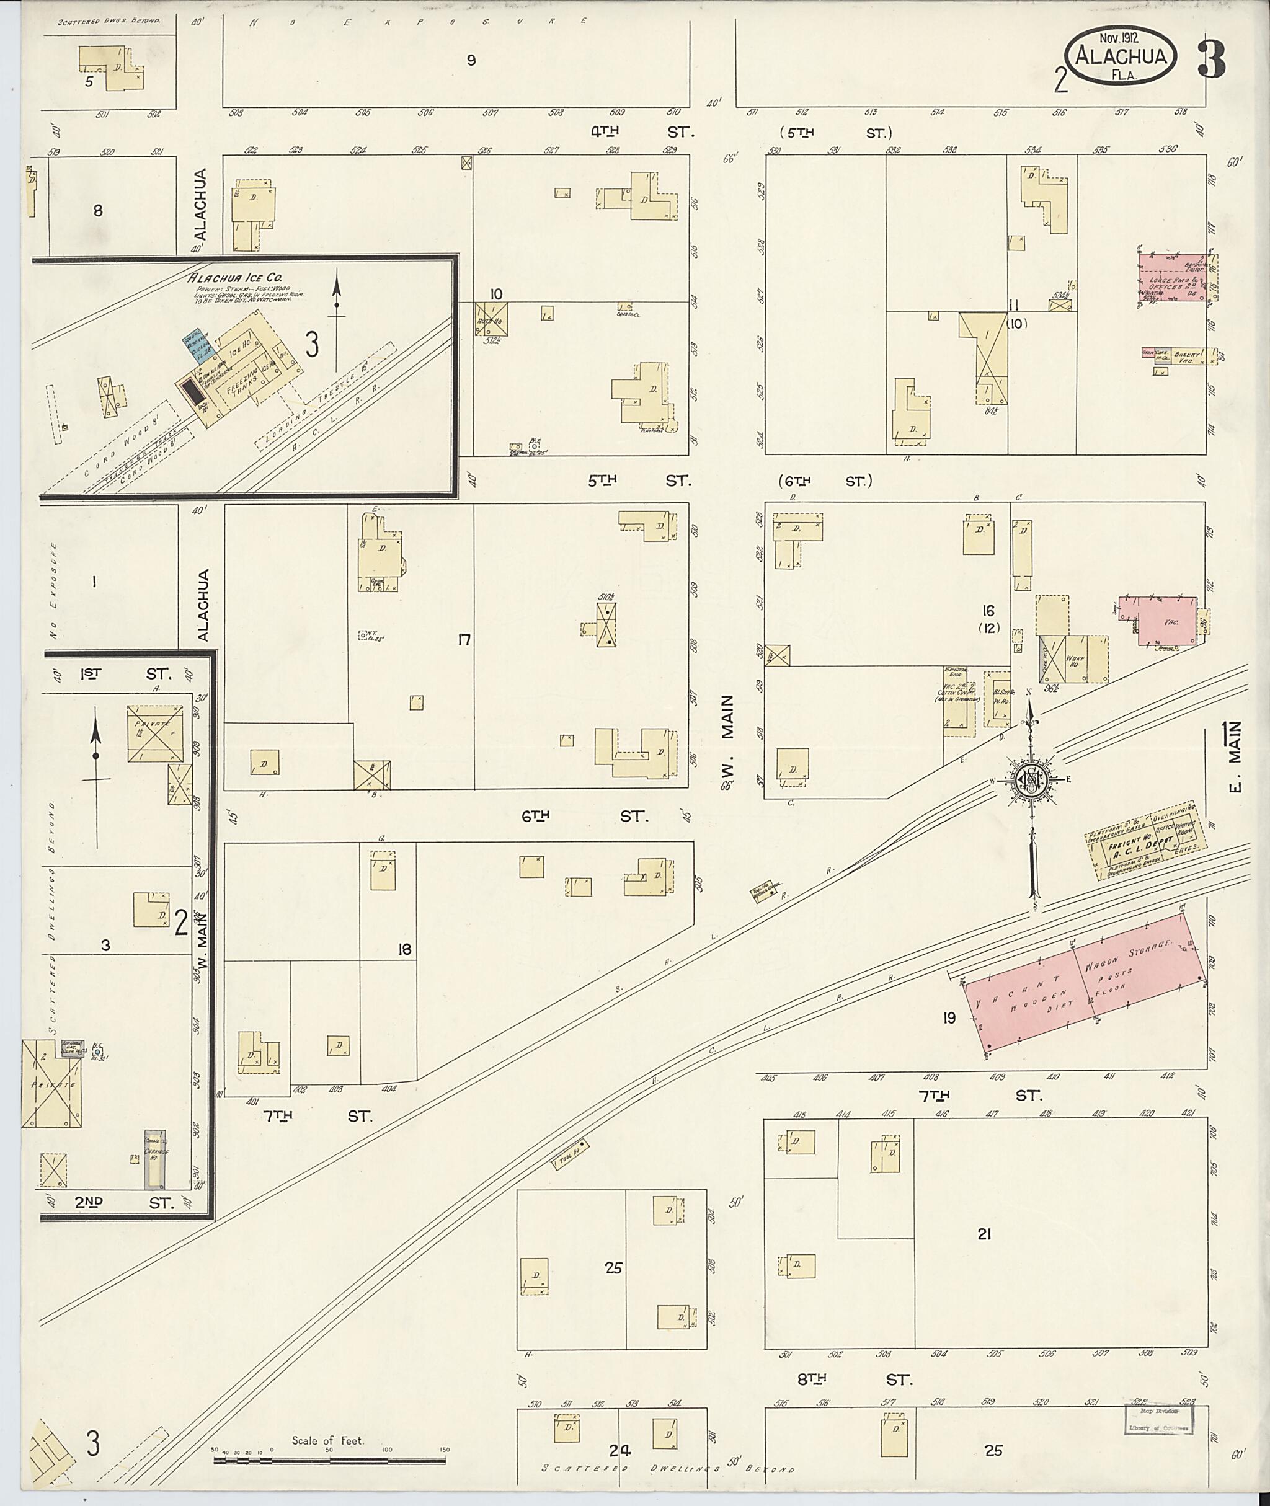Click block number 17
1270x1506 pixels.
[464, 639]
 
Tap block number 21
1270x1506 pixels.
[984, 1234]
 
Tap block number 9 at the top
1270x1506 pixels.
[471, 61]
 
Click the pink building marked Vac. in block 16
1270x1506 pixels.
[1168, 621]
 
